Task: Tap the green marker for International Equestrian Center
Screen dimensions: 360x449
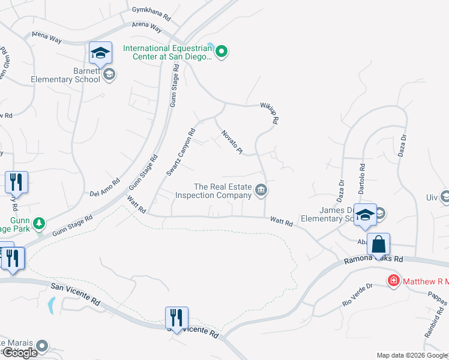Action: pos(221,52)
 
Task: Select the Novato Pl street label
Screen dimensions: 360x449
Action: pos(231,143)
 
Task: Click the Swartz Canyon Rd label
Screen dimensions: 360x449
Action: pos(182,152)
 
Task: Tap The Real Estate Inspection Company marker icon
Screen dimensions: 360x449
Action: pos(261,191)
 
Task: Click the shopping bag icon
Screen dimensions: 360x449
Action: pos(378,245)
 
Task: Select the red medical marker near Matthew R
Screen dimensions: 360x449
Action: pos(394,281)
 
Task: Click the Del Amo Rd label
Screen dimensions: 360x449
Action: pos(105,187)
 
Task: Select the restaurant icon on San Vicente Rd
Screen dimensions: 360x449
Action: pos(176,316)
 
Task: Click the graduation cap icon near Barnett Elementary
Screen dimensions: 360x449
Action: pos(100,53)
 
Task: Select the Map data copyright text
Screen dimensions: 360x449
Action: pos(412,355)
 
